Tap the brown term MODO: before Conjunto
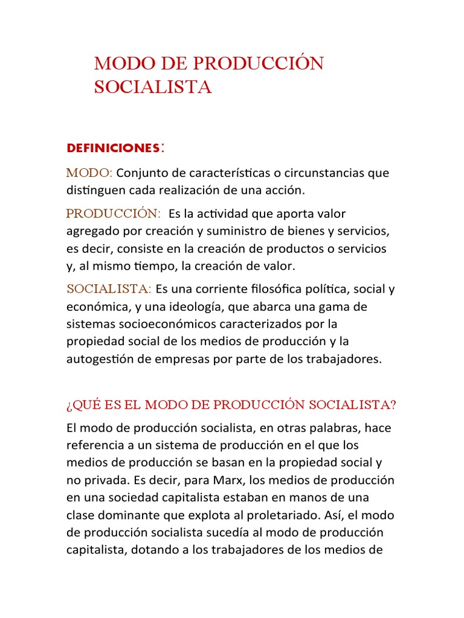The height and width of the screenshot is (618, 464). (x=89, y=173)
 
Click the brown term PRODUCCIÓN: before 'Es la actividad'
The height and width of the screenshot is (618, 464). (x=113, y=214)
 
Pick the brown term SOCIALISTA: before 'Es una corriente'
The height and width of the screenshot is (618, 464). (x=109, y=289)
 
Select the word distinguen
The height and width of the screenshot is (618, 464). (x=94, y=190)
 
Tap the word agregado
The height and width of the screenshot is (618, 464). (x=90, y=231)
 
